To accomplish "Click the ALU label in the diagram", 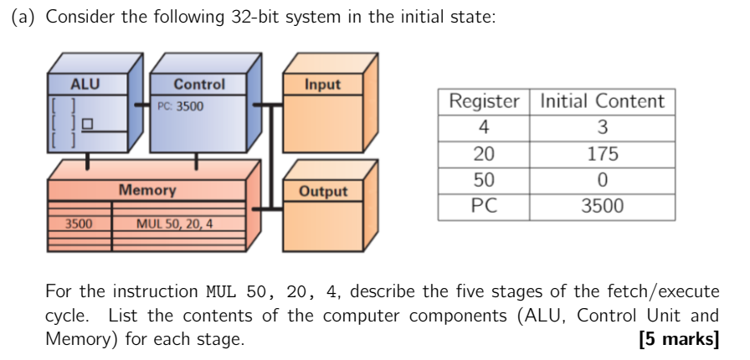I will (85, 85).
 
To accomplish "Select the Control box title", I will (199, 85).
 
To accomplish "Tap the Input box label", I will (322, 85).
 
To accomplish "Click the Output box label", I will (323, 191).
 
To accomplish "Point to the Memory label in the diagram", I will (147, 190).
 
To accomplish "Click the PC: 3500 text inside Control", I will (180, 106).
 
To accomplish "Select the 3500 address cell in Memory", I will (79, 224).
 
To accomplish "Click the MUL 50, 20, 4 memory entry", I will (174, 224).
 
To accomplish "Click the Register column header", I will (484, 102).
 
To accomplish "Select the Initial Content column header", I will (602, 102).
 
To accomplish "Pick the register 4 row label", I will (484, 128).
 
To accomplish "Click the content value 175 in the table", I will (602, 154).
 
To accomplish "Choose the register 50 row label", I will (484, 180).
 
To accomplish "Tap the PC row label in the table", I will (484, 206).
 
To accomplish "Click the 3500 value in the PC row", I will (602, 206).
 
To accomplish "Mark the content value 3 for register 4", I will (602, 128).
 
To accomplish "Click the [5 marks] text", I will (677, 340).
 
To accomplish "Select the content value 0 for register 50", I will (602, 180).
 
